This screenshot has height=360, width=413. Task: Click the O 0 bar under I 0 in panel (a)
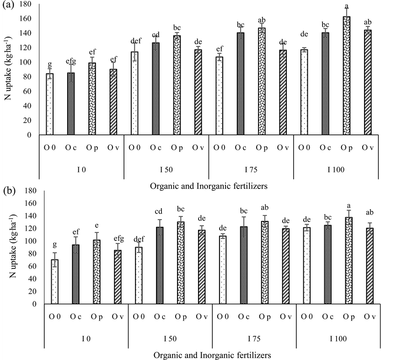[x=50, y=104]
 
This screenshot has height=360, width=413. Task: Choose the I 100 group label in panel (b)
[x=339, y=339]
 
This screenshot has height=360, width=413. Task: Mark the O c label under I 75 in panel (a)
[x=241, y=147]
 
